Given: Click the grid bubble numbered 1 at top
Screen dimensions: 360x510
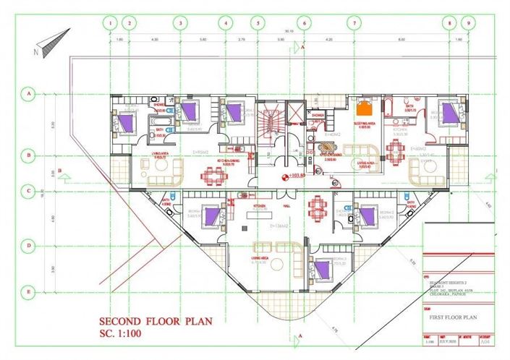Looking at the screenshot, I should pyautogui.click(x=110, y=23).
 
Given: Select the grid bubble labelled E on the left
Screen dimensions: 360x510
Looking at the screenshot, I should pyautogui.click(x=30, y=292).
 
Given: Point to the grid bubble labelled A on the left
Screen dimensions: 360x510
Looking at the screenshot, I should pyautogui.click(x=30, y=93).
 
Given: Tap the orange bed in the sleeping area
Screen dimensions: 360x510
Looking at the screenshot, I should pyautogui.click(x=365, y=109).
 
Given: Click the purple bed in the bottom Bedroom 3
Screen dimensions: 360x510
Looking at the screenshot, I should pyautogui.click(x=323, y=269).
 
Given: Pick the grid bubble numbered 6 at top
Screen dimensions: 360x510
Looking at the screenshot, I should pyautogui.click(x=305, y=23).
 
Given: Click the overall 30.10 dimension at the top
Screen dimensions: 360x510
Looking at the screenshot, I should pyautogui.click(x=289, y=31).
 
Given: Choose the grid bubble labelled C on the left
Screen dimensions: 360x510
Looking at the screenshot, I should pyautogui.click(x=30, y=191).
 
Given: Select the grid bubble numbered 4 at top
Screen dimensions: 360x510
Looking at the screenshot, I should pyautogui.click(x=226, y=23).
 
